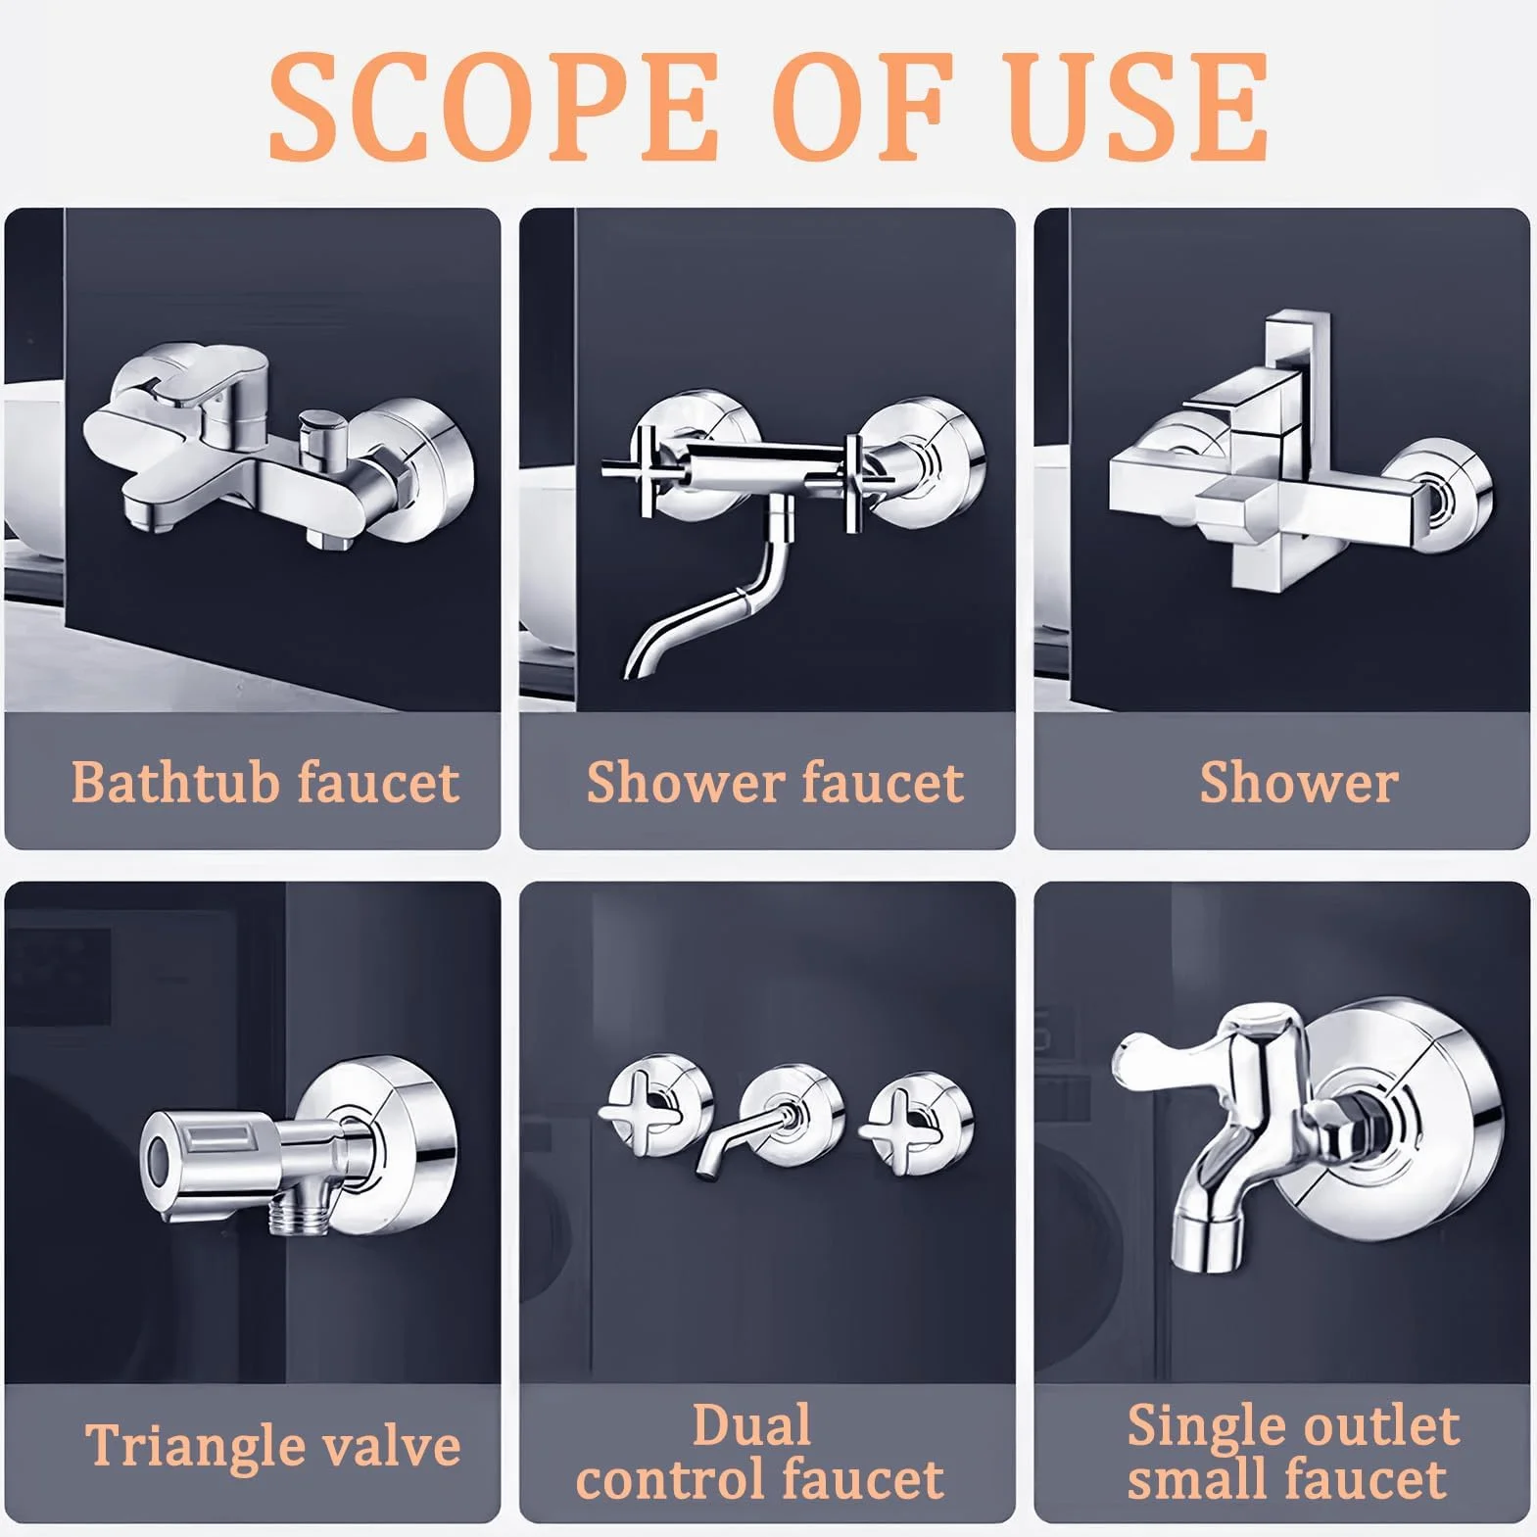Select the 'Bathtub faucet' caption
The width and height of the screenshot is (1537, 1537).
[x=264, y=782]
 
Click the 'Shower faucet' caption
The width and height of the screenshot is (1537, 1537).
[x=775, y=782]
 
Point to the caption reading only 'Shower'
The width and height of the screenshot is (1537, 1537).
[x=1299, y=782]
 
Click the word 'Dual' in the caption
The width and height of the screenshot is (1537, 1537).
[x=751, y=1425]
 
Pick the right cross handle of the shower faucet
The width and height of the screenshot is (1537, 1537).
[x=854, y=480]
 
